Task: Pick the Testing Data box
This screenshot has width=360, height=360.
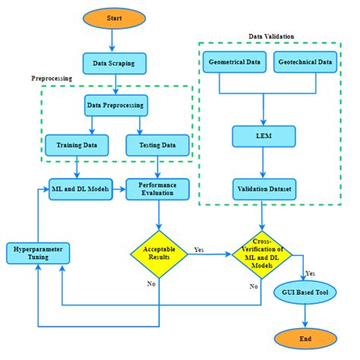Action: point(157,144)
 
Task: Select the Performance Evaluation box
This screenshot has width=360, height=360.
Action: point(158,188)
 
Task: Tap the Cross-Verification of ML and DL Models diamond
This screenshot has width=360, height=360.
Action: point(261,253)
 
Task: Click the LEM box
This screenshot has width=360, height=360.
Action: point(262,136)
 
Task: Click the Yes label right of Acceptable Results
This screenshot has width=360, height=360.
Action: point(199,248)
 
